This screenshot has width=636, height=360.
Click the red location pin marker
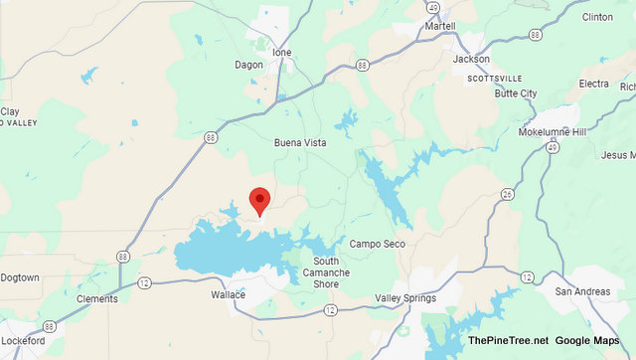pos(259,200)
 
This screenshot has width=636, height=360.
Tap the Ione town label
pos(282,52)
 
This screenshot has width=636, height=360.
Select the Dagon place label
pos(249,65)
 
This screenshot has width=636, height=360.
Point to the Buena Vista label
pos(300,143)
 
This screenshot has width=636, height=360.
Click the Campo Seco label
pos(377,244)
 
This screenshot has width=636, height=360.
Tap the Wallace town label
pos(228,294)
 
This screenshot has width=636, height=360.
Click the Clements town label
pos(96,298)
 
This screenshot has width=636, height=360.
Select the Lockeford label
pos(22,341)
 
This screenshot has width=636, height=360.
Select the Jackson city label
pos(471,59)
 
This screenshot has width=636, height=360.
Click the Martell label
pos(438,26)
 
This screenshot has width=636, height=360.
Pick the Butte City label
pos(514,92)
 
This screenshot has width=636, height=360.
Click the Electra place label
pos(593,84)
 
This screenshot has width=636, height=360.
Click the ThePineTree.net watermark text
pos(508,340)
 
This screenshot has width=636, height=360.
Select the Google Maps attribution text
pos(591,340)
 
